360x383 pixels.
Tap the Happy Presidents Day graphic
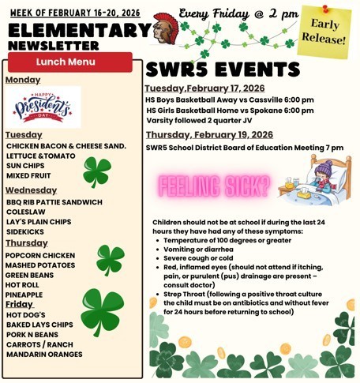point(45,107)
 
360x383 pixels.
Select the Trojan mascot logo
point(163,27)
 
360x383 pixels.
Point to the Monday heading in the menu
point(22,80)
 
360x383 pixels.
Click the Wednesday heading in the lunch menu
point(31,190)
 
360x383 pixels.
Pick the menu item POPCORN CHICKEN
point(40,256)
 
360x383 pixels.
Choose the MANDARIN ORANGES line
point(44,354)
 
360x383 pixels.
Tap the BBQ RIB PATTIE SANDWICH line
point(54,202)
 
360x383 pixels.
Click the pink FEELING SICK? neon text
point(215,186)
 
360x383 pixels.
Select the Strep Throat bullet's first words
point(186,294)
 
